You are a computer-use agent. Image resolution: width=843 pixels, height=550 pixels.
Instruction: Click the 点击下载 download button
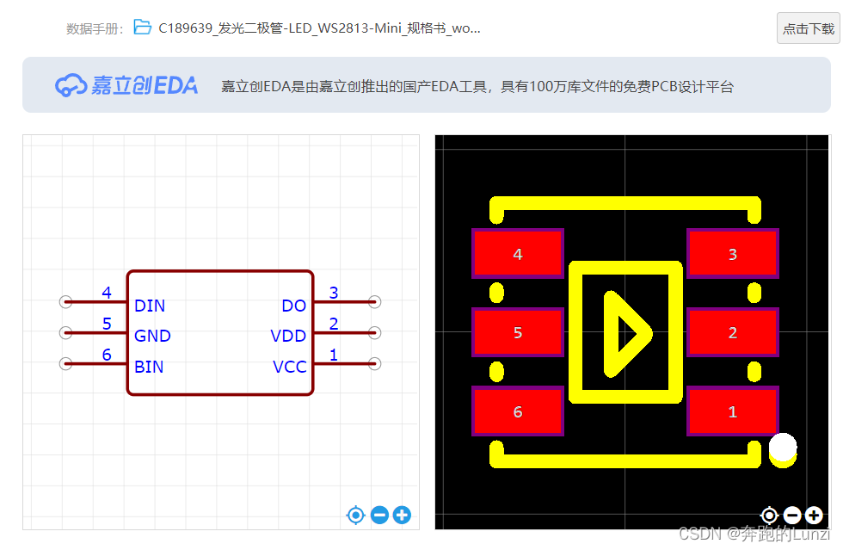click(x=808, y=28)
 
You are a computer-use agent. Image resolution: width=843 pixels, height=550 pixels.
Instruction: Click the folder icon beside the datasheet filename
click(x=142, y=28)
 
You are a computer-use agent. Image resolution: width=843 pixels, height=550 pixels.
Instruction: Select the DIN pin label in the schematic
click(x=150, y=306)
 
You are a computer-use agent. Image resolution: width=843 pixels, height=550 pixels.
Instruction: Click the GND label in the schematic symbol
click(x=152, y=336)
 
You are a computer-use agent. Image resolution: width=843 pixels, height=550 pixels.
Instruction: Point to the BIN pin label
click(x=149, y=367)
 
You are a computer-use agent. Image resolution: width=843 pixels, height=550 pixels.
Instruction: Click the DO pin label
click(x=293, y=306)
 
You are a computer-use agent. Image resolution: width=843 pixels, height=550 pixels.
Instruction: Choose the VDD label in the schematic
click(x=288, y=336)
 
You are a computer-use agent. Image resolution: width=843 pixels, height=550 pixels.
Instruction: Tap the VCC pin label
click(x=289, y=367)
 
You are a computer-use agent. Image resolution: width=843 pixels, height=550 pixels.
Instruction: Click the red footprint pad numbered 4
click(x=517, y=254)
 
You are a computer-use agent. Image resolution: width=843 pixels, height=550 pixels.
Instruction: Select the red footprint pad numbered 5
click(x=517, y=332)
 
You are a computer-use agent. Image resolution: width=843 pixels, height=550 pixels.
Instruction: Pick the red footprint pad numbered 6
click(x=517, y=411)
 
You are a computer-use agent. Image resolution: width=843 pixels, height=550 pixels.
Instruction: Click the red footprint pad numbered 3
click(x=732, y=254)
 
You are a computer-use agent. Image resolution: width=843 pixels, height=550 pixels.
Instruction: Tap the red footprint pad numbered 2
click(x=732, y=332)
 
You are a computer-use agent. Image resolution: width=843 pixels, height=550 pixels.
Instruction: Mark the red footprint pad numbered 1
click(x=732, y=411)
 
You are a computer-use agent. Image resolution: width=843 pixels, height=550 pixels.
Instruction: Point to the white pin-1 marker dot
click(x=783, y=448)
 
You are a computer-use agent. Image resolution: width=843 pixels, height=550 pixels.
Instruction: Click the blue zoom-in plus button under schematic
click(x=402, y=516)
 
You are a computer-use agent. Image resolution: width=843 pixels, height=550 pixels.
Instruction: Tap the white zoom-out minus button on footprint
click(x=792, y=516)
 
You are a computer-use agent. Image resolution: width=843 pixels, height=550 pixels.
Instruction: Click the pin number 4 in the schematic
click(x=107, y=293)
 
